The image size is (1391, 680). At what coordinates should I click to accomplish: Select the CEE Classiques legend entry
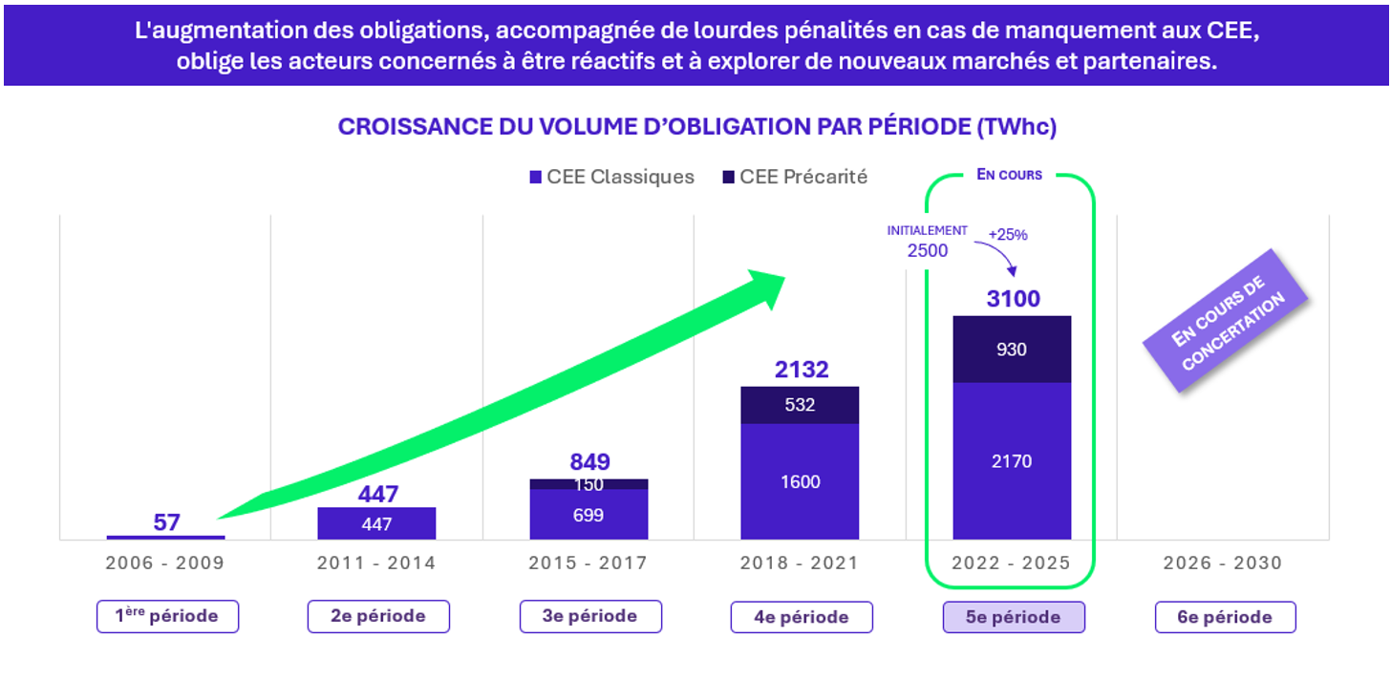(611, 177)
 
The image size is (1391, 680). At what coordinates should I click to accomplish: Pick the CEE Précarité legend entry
(795, 177)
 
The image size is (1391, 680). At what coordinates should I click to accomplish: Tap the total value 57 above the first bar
(166, 522)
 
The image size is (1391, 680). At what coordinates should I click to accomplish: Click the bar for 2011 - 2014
(376, 523)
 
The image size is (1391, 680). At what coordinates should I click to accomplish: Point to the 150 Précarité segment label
(588, 484)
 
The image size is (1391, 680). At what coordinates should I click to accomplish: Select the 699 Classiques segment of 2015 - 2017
(588, 515)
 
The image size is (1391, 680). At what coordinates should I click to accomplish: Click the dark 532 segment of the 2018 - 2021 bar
(800, 405)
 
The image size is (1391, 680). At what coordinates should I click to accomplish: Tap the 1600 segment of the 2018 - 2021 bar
(800, 481)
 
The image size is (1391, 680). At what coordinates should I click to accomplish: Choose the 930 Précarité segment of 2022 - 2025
(1011, 350)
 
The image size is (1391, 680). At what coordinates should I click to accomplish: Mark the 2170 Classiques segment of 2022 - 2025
(1011, 461)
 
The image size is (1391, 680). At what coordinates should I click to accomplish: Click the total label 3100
(1012, 299)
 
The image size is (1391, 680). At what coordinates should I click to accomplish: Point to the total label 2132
(801, 370)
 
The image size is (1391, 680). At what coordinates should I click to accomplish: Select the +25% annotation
(1007, 235)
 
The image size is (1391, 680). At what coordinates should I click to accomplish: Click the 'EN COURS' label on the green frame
(1009, 175)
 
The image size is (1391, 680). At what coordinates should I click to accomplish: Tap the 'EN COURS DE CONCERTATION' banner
(1227, 320)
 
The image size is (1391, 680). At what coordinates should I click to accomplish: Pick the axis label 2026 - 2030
(1223, 563)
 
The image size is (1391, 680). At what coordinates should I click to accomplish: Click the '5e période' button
(1013, 617)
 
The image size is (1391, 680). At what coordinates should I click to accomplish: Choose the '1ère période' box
(167, 617)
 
